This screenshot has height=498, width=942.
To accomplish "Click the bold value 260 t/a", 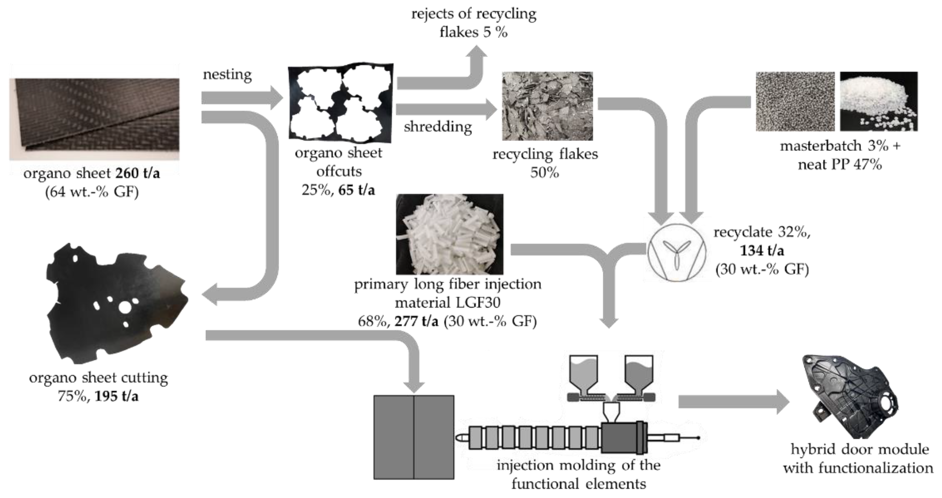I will [138, 173].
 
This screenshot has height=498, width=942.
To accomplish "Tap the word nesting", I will [227, 74].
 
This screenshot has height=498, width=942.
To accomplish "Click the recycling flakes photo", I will [547, 106].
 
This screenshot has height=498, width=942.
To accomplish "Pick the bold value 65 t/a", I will [356, 190].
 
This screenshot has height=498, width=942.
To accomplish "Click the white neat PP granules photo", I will [878, 101].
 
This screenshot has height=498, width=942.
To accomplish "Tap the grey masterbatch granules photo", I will [795, 101].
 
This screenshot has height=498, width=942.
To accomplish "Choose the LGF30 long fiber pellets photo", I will [449, 234].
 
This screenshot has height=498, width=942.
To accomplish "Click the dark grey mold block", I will [413, 437].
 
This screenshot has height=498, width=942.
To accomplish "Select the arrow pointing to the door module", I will [731, 402].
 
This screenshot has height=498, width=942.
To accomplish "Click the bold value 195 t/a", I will [116, 396].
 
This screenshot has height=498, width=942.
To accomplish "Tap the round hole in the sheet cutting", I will [125, 307].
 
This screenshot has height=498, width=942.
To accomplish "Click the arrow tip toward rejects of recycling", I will [477, 51].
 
